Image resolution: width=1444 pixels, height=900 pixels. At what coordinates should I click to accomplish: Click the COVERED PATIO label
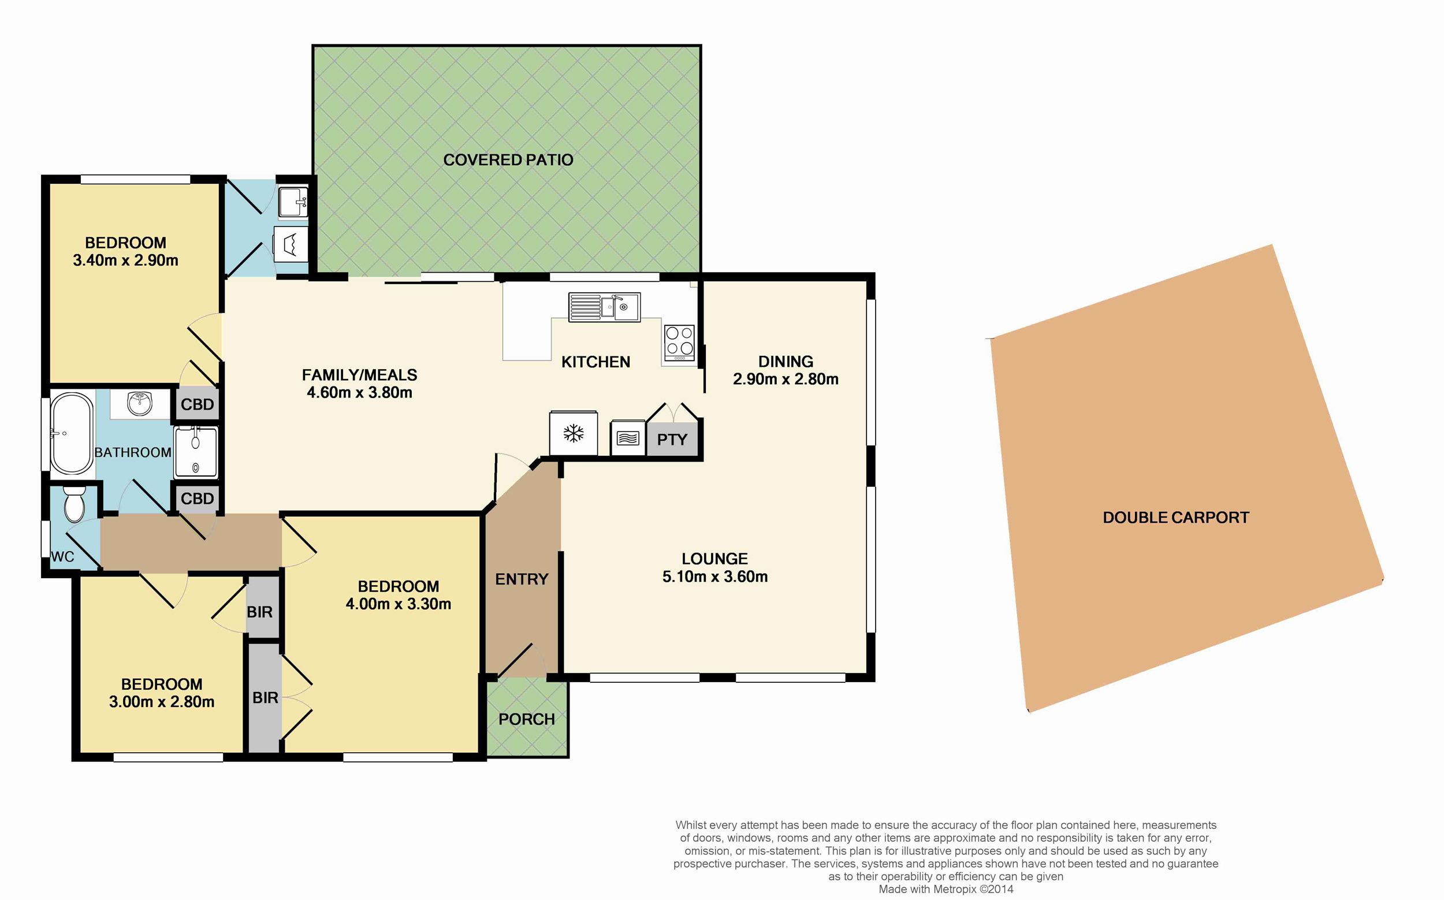tap(508, 159)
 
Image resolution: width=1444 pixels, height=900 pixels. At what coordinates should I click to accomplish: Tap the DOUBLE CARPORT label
tap(1175, 517)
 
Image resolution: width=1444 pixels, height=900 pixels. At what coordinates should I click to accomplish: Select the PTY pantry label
tap(672, 439)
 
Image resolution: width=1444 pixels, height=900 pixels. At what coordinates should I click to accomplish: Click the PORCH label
tap(527, 719)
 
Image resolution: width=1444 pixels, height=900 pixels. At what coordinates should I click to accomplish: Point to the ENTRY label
tap(522, 579)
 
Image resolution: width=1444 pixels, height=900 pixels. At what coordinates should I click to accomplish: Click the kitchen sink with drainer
tap(604, 307)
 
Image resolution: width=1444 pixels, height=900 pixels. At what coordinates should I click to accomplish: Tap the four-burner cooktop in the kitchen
tap(680, 343)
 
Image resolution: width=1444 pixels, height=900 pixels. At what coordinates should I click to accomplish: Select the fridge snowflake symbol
tap(574, 433)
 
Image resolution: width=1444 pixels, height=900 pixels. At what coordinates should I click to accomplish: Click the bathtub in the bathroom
tap(72, 433)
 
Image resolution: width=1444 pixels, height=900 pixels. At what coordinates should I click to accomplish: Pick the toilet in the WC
tap(75, 504)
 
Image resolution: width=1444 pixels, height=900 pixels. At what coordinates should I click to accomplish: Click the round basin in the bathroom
tap(140, 404)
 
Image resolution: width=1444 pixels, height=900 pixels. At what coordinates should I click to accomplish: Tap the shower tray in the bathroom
tap(196, 452)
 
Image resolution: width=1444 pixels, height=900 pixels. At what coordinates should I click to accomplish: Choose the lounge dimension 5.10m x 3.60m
tap(715, 576)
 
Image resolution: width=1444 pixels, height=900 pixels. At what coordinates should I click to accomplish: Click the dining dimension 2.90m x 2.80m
tap(786, 378)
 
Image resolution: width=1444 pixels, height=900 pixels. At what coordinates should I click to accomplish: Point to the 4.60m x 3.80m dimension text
tap(359, 392)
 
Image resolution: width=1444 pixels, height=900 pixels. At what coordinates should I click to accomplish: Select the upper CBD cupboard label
tap(197, 404)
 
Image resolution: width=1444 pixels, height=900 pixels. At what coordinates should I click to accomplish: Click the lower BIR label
tap(265, 697)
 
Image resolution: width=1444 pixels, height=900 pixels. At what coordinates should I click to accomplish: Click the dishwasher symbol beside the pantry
tap(628, 438)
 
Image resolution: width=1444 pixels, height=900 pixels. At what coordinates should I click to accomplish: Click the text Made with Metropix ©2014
tap(946, 889)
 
